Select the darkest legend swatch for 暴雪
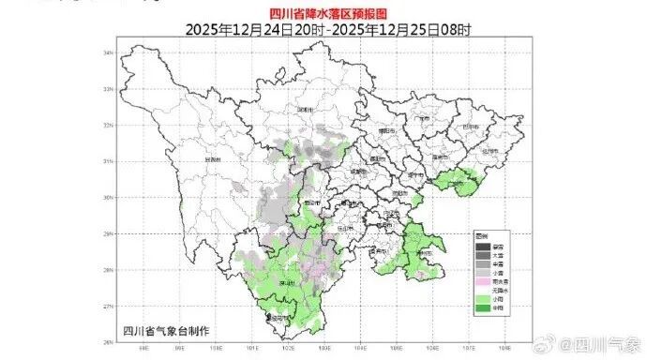[481, 246]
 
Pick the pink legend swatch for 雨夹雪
[481, 281]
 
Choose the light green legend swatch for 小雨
[481, 300]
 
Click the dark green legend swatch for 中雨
[481, 309]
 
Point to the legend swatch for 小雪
[481, 272]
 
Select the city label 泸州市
[426, 252]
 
